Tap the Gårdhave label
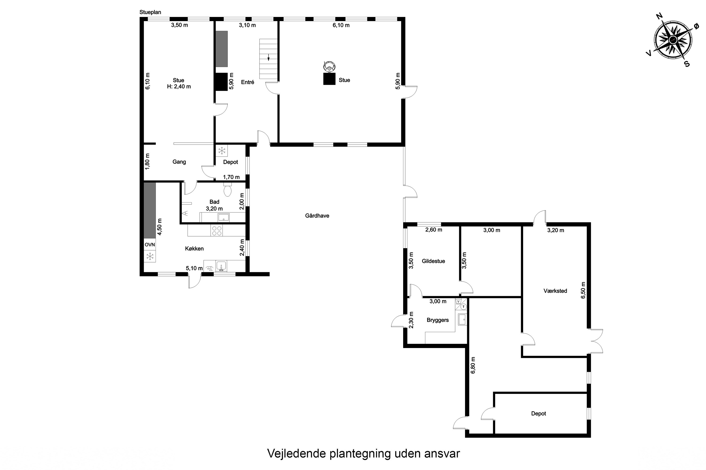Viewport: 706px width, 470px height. (x=317, y=215)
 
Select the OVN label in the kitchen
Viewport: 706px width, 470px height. (x=150, y=245)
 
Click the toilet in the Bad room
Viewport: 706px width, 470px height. (x=228, y=189)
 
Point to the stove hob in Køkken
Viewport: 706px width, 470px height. (x=217, y=231)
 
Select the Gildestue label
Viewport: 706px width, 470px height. (x=433, y=261)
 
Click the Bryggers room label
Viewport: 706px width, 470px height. (x=438, y=320)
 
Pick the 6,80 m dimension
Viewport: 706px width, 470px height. (x=473, y=365)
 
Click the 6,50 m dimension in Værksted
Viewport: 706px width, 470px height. (x=583, y=290)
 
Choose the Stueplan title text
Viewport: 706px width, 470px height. (x=150, y=12)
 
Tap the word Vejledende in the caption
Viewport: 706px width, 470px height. (x=296, y=454)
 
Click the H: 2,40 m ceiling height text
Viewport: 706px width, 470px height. (x=179, y=87)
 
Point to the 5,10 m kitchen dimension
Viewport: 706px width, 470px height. (x=194, y=268)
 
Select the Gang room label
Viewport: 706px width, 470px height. (x=179, y=162)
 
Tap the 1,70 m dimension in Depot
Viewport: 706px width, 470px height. (x=231, y=177)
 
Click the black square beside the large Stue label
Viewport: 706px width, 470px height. (x=329, y=79)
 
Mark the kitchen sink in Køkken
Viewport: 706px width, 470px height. (x=221, y=266)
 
